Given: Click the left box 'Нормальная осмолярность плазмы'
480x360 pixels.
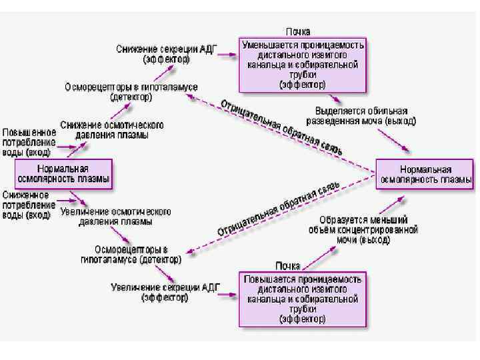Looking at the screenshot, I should point(63,174).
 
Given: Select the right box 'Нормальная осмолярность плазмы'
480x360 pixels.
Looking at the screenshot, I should point(425,175).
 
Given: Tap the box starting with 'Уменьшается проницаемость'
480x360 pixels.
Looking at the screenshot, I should point(303,65).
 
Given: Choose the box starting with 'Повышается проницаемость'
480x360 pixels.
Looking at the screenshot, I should point(303,298).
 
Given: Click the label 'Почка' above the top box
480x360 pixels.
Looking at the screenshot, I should point(298,31).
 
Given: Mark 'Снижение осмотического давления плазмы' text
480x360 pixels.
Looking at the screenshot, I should point(111,130).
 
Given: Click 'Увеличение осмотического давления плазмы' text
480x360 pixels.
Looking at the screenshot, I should point(115,217).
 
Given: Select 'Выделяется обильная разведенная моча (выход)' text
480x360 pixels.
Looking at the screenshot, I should point(361,116).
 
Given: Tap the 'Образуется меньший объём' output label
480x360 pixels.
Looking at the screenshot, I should point(368,229).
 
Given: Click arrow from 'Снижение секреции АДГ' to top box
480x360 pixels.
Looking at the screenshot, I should point(227,55).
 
